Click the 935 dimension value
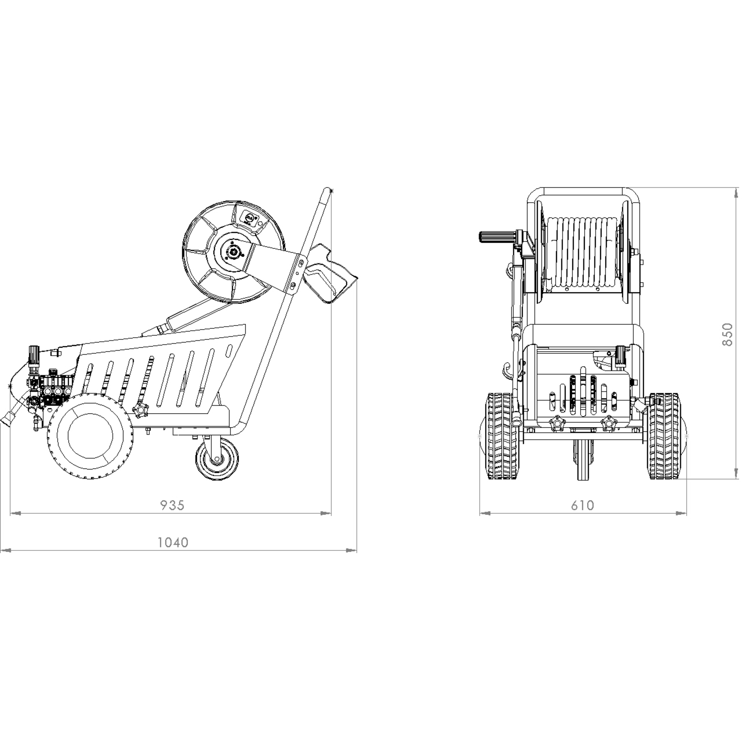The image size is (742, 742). pos(173,505)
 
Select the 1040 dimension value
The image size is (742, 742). pos(173,542)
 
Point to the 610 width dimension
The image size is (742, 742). pos(582,505)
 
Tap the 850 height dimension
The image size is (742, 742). pos(727,334)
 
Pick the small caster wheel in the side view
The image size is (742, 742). pos(217,460)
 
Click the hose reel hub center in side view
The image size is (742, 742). pos(233,252)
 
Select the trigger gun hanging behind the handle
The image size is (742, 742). pos(329,275)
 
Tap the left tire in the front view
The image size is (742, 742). pos(501,436)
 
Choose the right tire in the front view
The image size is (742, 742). pos(664,436)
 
